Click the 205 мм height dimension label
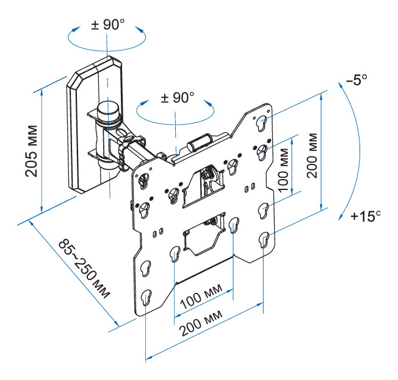pos(32,151)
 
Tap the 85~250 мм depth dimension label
pos(84,268)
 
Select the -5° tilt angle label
pos(356,80)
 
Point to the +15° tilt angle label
pos(366,217)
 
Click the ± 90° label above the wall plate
pos(108,25)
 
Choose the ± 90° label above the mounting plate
pos(178,97)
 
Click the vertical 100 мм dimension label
pos(283,170)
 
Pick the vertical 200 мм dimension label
pos(312,155)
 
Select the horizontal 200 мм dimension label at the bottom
pos(200,322)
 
